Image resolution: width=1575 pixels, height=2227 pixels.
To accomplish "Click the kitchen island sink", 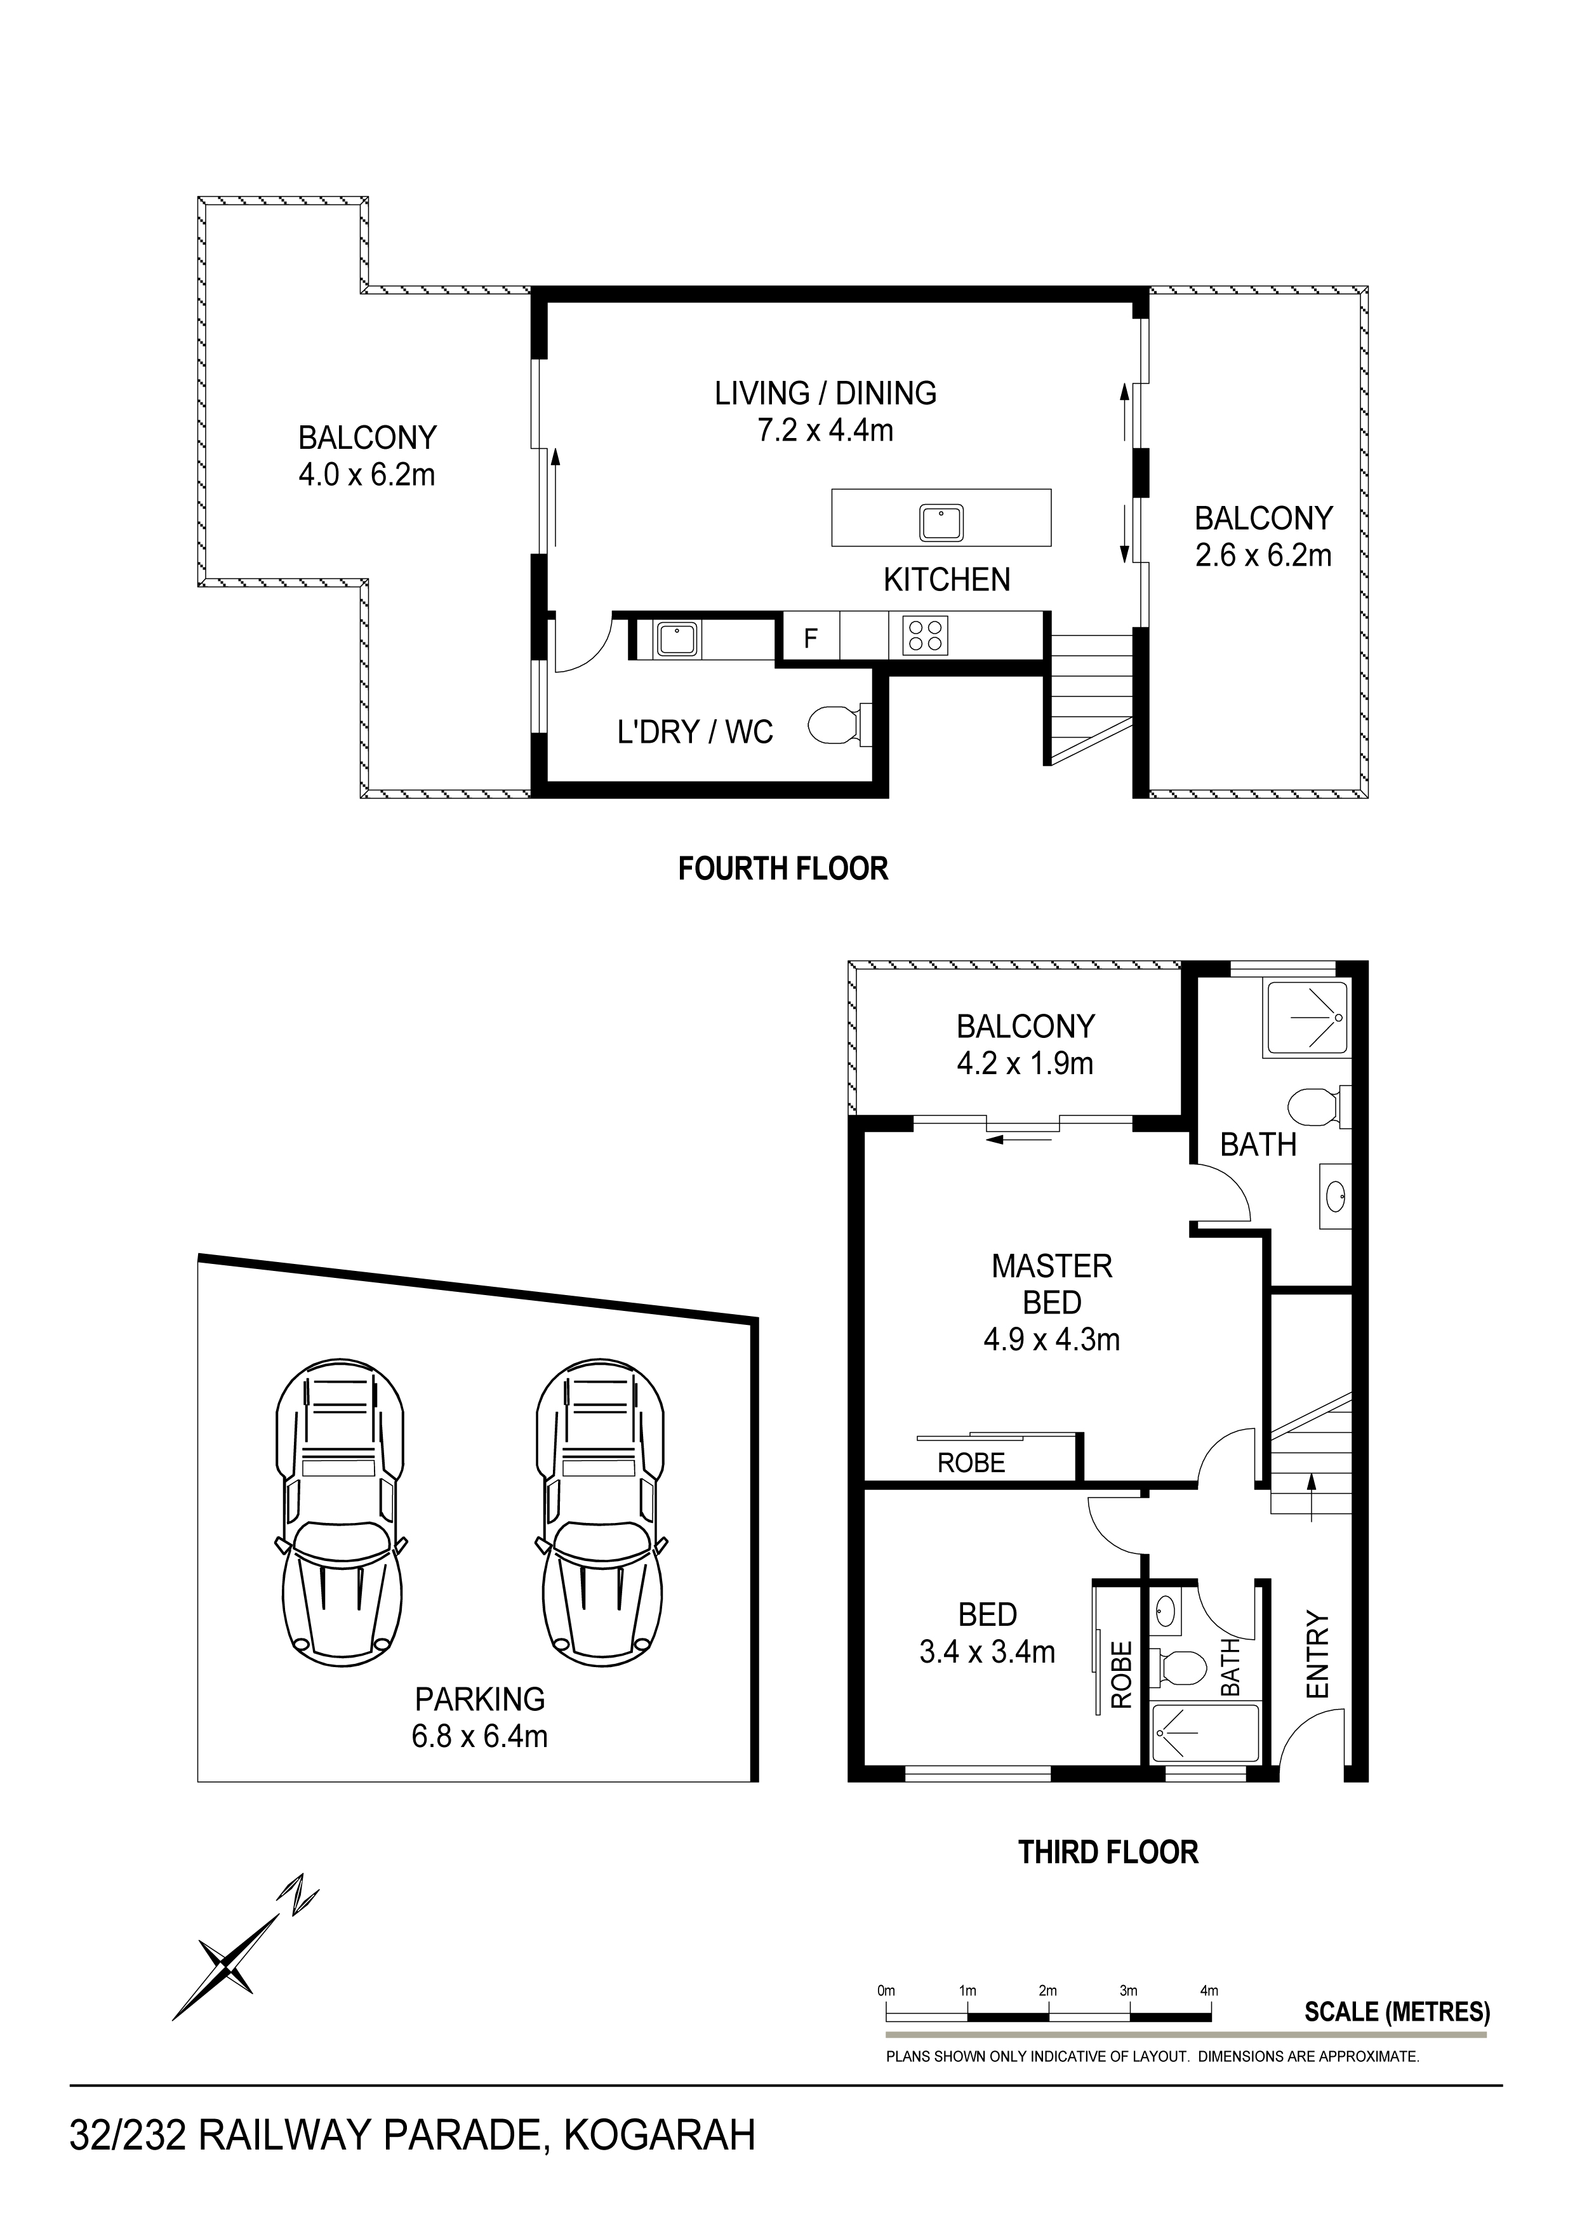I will click(941, 523).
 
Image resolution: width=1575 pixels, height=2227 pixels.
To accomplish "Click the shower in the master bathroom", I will click(1305, 1018).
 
